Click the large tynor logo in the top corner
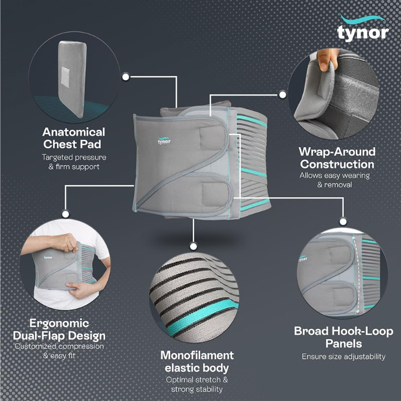pos(363,29)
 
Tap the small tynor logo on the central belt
pos(164,141)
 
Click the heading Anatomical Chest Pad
pos(74,138)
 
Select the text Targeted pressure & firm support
pos(74,162)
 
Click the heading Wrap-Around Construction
pos(337,158)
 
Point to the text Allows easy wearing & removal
pos(335,180)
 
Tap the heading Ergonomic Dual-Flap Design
pos(59,329)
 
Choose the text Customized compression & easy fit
pos(59,351)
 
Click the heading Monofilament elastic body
pos(197,361)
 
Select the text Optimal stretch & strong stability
pos(196,384)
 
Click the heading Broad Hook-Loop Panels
pos(344,337)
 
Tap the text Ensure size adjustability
pos(344,356)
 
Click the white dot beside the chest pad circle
pos(125,77)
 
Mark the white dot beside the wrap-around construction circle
pos(282,95)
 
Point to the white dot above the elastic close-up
pos(194,246)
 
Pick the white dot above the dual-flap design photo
pos(65,214)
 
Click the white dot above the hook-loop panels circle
pos(343,222)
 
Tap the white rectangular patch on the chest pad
pos(65,77)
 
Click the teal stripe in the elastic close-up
pos(202,315)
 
